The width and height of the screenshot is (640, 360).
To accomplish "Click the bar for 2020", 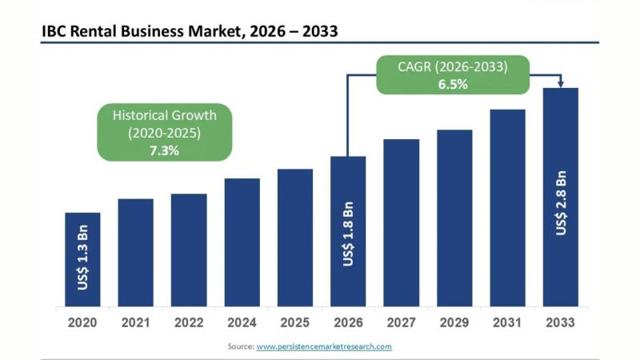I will coord(82,259).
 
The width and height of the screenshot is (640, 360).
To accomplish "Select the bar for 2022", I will coord(189,250).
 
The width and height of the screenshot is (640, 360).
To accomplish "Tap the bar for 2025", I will coord(295,238).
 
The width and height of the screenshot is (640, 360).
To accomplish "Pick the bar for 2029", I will coord(454,218).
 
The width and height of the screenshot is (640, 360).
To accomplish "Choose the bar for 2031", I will coord(507,208).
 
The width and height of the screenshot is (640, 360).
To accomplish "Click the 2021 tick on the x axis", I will coord(136,323).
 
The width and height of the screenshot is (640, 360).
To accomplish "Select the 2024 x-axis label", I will coord(242,323).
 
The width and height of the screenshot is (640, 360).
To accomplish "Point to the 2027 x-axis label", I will coord(402,323).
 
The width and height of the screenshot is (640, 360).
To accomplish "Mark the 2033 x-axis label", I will coord(561,323).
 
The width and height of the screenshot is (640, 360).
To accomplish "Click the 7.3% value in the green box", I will coord(165,150).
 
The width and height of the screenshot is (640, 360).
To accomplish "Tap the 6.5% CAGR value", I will coord(453,84).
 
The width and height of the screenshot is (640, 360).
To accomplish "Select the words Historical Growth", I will coord(165,115).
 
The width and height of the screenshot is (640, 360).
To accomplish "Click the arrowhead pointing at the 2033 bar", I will coord(561,83).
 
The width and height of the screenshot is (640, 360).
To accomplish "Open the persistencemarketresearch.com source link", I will coord(324,346).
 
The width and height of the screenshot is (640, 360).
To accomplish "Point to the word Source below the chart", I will coord(240,346).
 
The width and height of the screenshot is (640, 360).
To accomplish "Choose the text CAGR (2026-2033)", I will coord(453,67).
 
